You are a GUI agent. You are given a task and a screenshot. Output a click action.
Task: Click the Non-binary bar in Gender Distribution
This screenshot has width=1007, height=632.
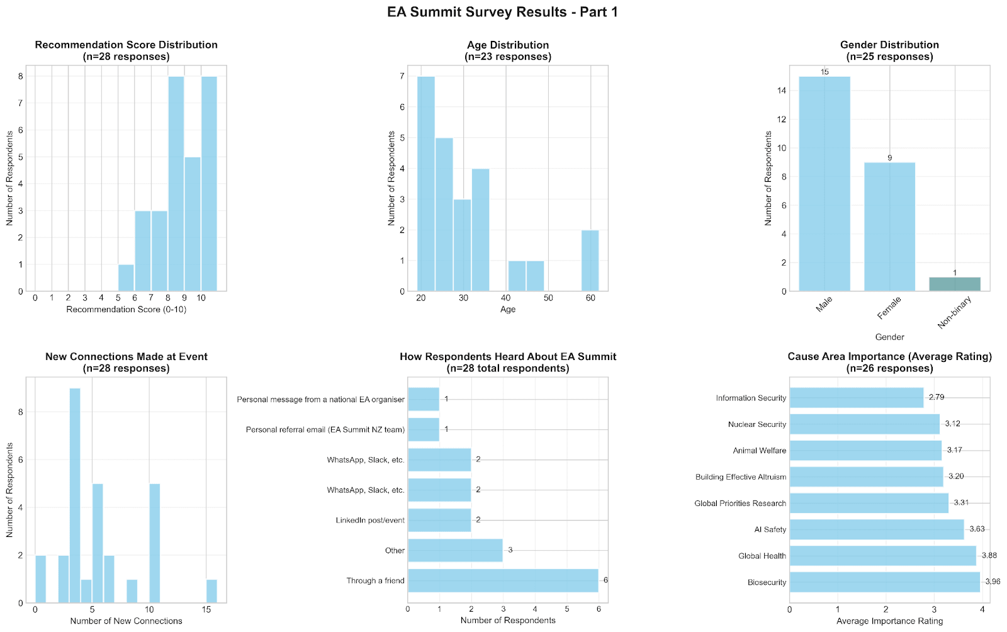pos(954,284)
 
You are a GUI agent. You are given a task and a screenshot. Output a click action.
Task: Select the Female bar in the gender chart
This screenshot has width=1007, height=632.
pos(889,227)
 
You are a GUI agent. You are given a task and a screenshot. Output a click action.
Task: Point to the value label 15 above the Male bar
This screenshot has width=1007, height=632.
pos(824,72)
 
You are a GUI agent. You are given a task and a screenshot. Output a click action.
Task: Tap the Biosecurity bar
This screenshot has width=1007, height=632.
pos(884,582)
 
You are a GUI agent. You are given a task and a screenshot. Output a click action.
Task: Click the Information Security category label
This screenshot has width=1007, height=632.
pos(751,398)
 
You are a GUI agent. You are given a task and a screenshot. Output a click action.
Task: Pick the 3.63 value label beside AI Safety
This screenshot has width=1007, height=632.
pos(977,529)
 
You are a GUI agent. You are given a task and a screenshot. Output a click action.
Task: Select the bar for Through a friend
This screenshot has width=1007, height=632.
pos(503,580)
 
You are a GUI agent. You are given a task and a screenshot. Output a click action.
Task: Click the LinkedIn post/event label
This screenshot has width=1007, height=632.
pos(370,520)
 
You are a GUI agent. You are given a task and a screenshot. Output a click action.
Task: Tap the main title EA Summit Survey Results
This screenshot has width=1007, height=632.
pos(503,12)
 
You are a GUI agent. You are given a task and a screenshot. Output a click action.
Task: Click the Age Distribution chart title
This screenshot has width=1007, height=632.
pos(508,45)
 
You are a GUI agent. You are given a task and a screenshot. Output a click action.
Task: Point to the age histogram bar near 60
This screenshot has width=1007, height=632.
pos(590,261)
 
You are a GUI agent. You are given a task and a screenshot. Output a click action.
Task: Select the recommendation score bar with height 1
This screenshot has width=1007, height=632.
pos(126,278)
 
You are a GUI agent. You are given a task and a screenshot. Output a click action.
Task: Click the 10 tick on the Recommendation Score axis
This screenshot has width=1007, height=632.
pos(201,298)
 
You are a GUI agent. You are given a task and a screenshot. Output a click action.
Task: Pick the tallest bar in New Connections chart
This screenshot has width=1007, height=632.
pos(75,495)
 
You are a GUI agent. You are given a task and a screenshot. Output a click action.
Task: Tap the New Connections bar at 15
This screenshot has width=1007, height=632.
pos(211,591)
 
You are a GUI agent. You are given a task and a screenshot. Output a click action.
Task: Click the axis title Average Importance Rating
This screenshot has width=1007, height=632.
pos(889,621)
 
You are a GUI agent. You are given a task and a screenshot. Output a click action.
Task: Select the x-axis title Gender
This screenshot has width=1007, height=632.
pos(889,337)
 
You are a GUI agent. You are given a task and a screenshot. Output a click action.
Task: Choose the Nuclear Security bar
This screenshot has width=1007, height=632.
pos(864,424)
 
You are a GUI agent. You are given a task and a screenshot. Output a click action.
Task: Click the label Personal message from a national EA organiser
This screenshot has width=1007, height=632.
pos(320,399)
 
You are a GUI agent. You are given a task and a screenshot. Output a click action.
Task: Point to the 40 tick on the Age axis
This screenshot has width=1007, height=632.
pos(505,298)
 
